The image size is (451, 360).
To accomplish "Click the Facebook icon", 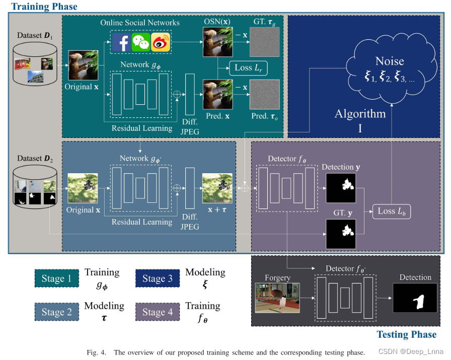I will [121, 42].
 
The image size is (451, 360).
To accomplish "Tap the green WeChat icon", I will [141, 42].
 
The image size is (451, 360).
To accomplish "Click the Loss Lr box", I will [248, 67].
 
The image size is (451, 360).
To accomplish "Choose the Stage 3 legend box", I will [158, 278].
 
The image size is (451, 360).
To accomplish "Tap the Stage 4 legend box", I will [158, 312].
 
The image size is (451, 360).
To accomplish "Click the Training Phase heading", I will [44, 7].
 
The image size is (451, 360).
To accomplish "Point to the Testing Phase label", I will [406, 334].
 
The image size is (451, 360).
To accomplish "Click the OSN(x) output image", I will [217, 42].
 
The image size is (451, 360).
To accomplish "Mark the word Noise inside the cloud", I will [390, 61].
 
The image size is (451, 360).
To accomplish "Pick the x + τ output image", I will [217, 188].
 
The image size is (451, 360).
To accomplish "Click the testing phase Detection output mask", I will [415, 298].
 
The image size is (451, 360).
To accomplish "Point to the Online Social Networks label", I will [140, 23].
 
